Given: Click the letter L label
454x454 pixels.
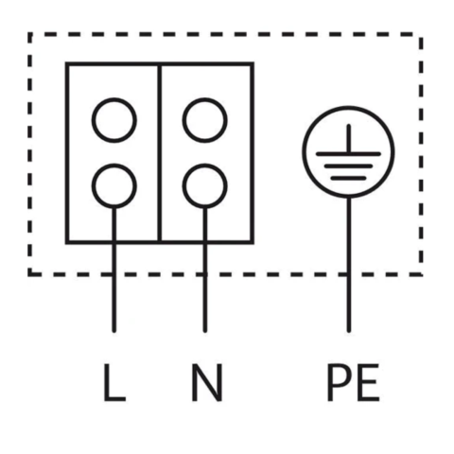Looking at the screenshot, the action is pyautogui.click(x=114, y=382).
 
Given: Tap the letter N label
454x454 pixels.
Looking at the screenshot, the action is pyautogui.click(x=207, y=382).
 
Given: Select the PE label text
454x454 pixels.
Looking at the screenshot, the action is pyautogui.click(x=353, y=382).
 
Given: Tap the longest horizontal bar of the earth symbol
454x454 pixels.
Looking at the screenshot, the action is pyautogui.click(x=348, y=154).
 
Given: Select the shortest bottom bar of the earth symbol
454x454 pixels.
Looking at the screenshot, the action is pyautogui.click(x=348, y=178).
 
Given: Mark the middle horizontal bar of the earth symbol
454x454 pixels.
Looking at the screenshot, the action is pyautogui.click(x=348, y=166).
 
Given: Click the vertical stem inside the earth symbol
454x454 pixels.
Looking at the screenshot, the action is pyautogui.click(x=348, y=139).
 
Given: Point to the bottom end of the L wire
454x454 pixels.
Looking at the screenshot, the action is pyautogui.click(x=114, y=331).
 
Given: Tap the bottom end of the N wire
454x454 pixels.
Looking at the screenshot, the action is pyautogui.click(x=205, y=331).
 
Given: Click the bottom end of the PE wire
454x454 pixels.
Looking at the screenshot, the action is pyautogui.click(x=348, y=331).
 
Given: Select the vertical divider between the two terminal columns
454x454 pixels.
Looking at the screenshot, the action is pyautogui.click(x=160, y=153).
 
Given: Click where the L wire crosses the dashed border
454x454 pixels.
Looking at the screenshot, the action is pyautogui.click(x=114, y=274).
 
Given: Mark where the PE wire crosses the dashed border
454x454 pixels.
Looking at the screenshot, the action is pyautogui.click(x=348, y=274).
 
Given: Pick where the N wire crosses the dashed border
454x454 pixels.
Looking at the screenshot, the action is pyautogui.click(x=205, y=274).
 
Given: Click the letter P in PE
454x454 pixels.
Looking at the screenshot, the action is pyautogui.click(x=340, y=382).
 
